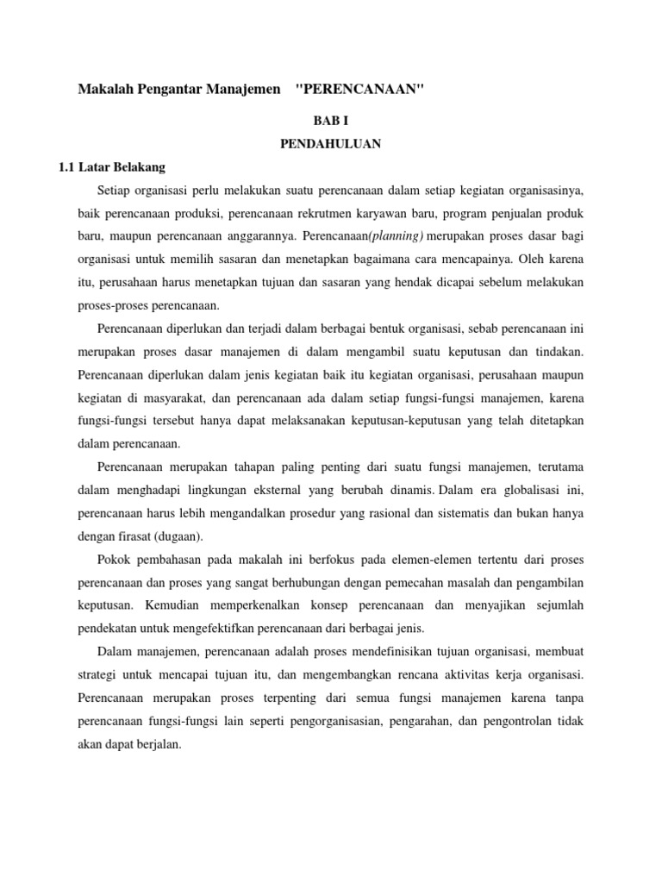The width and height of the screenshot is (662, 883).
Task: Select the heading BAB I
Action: pyautogui.click(x=330, y=122)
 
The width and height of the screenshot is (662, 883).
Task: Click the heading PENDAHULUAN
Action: pyautogui.click(x=330, y=144)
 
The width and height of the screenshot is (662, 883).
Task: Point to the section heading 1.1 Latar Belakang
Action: pyautogui.click(x=119, y=166)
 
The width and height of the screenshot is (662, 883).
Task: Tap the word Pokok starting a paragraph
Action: pyautogui.click(x=114, y=559)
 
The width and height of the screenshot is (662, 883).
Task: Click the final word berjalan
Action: pyautogui.click(x=159, y=742)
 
